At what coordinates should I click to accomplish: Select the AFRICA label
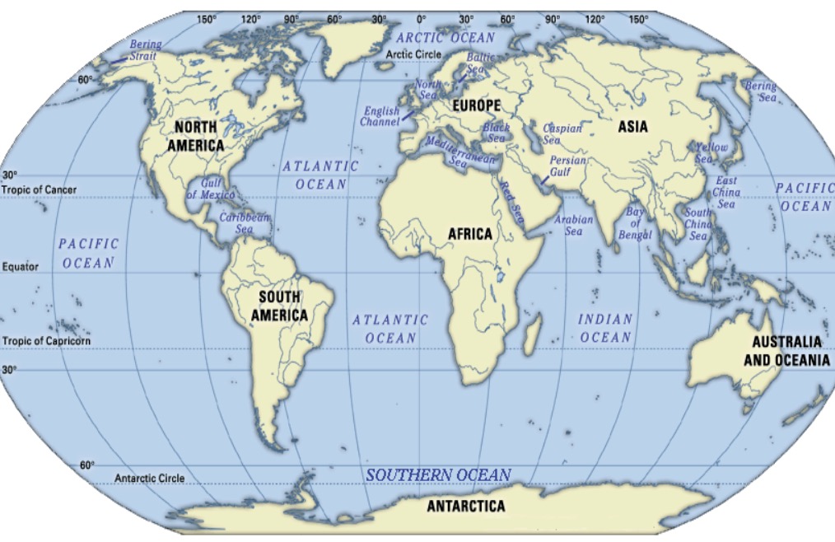[x=470, y=234]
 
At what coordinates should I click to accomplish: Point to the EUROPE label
[x=476, y=106]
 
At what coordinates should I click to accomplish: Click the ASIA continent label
[x=632, y=127]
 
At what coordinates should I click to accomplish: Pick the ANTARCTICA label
[x=465, y=506]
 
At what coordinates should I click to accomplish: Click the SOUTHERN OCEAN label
[x=438, y=475]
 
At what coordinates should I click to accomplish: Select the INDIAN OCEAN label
[x=605, y=328]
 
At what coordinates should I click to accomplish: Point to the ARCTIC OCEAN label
[x=445, y=38]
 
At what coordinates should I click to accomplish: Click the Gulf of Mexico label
[x=211, y=189]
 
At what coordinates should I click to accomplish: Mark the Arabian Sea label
[x=573, y=226]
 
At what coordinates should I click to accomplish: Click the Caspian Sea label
[x=563, y=134]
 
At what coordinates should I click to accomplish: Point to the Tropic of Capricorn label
[x=47, y=341]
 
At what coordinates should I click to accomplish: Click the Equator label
[x=21, y=267]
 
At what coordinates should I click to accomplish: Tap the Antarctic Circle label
[x=150, y=478]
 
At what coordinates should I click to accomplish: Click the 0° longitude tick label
[x=422, y=17]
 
